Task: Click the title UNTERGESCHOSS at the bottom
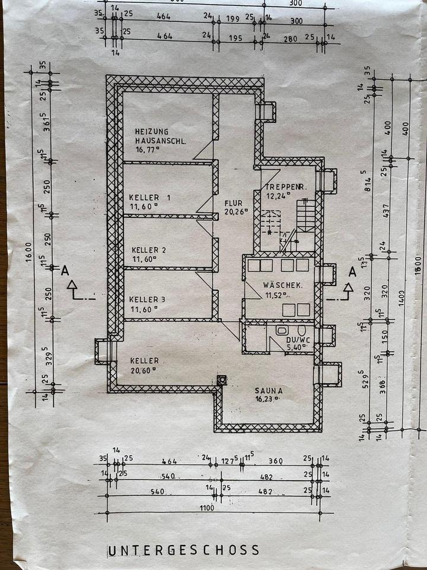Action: tap(183, 550)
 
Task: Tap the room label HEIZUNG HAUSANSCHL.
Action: tap(160, 137)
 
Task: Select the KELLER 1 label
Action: tap(149, 197)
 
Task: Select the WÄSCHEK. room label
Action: tap(283, 286)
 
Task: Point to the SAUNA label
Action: tap(269, 391)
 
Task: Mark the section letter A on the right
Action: tap(352, 272)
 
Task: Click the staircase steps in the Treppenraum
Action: tap(305, 216)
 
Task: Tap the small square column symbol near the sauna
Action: tap(222, 380)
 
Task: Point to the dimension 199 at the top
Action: tap(232, 19)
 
